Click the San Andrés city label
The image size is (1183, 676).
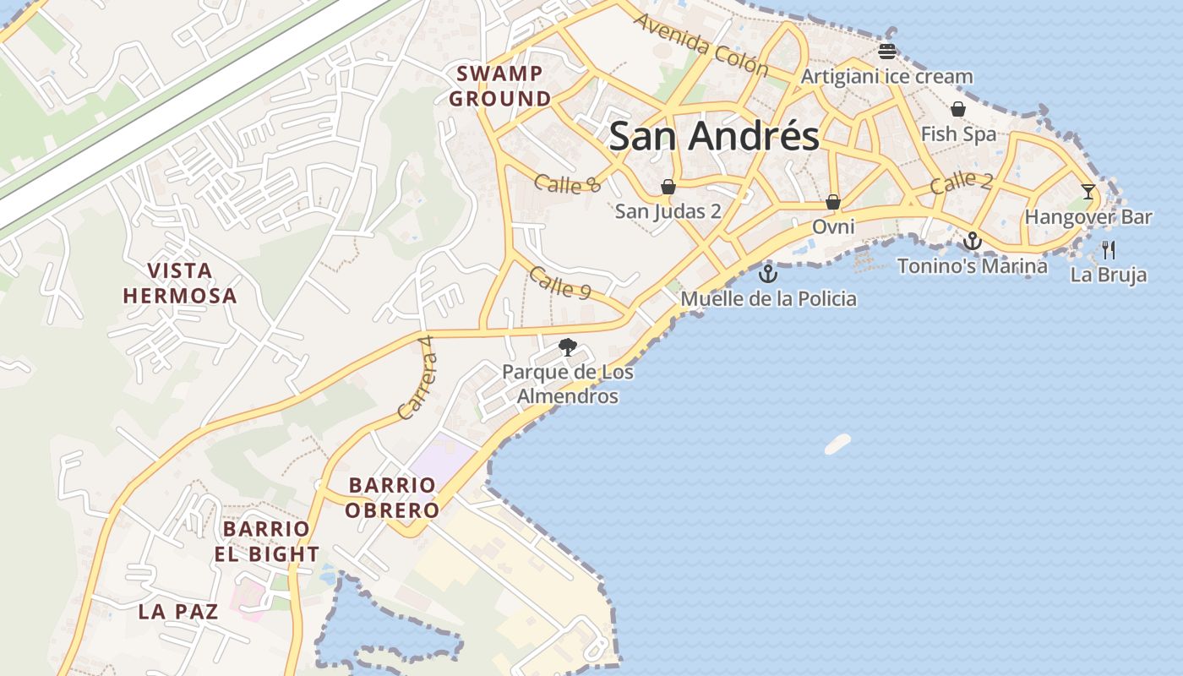[x=714, y=136]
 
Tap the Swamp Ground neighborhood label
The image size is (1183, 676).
[x=499, y=86]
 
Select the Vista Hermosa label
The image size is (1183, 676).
[x=180, y=283]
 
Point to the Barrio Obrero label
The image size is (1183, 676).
[x=392, y=498]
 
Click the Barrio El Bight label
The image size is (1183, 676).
[x=266, y=542]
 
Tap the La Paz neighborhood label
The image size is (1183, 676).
[x=178, y=612]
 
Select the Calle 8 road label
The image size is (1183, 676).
[x=567, y=183]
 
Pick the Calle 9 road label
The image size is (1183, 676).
[x=560, y=283]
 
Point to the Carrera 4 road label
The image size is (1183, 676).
[x=414, y=378]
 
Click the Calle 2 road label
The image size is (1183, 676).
[x=962, y=183]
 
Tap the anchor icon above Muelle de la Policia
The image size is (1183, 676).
[x=767, y=273]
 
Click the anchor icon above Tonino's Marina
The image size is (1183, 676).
[x=973, y=242]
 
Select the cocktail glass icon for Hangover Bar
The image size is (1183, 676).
[x=1088, y=192]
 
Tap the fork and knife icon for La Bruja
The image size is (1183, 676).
[x=1109, y=249]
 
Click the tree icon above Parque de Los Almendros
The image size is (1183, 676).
[x=568, y=346]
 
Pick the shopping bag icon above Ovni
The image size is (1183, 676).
[x=833, y=202]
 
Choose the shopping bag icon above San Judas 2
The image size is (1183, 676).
[x=668, y=186]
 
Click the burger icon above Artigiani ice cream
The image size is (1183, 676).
[x=886, y=51]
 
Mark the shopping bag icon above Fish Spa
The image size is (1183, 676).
[x=958, y=109]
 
